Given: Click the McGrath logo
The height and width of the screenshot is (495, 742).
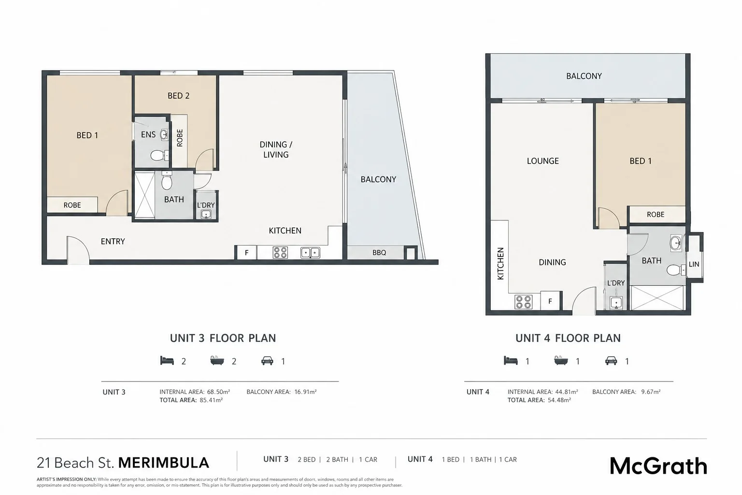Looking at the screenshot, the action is (x=658, y=466).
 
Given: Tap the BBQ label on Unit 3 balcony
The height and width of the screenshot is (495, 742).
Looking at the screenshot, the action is (x=379, y=253).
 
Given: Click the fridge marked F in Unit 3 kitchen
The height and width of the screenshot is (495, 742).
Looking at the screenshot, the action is (x=246, y=253).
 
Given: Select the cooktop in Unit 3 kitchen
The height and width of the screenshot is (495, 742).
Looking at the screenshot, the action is (x=280, y=253).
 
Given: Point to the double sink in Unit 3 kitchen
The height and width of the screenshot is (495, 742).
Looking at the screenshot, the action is (x=311, y=253).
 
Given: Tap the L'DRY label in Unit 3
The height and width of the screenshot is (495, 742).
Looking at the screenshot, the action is (x=206, y=205).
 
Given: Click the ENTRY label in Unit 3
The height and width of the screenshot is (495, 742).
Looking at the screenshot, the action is (x=113, y=241).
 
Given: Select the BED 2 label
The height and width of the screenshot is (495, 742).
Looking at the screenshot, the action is (x=179, y=96).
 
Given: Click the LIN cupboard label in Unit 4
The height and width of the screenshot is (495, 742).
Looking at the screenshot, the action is (x=694, y=264).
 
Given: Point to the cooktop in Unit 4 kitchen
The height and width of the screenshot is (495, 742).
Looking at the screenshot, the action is (x=523, y=302).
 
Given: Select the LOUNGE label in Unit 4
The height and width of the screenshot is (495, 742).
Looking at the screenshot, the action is (x=542, y=161).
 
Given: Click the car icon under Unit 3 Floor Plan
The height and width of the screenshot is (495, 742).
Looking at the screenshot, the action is (x=267, y=361).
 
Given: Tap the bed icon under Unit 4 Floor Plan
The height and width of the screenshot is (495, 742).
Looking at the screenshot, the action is (x=511, y=361).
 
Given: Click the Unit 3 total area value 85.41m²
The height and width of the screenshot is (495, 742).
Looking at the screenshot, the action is (x=211, y=400).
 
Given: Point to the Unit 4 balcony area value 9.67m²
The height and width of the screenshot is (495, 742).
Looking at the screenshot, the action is (x=651, y=392).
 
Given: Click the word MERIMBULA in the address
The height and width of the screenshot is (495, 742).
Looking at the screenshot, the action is (x=164, y=463).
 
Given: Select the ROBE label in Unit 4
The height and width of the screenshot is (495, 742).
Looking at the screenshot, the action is (x=656, y=215).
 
